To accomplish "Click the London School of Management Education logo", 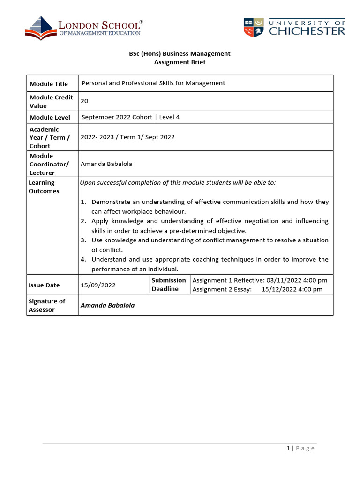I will [x=83, y=28].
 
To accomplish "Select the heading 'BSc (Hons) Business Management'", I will [x=180, y=53].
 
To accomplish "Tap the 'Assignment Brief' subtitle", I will [x=180, y=62].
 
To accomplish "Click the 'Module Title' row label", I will [x=49, y=84].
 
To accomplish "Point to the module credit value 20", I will [x=84, y=101].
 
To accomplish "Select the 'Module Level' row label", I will [x=50, y=118].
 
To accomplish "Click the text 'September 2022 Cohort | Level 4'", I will [x=130, y=117].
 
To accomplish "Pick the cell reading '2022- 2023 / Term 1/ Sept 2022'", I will [x=127, y=137].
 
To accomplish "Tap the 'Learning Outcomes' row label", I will [x=44, y=187].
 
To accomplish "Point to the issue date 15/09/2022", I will [x=98, y=285].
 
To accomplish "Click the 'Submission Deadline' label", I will [x=169, y=285].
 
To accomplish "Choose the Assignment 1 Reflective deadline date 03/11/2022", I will [x=283, y=280].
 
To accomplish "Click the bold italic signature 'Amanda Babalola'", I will [x=107, y=305].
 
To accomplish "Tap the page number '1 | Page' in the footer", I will [x=300, y=448].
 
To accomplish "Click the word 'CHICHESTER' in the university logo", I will [x=307, y=31].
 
